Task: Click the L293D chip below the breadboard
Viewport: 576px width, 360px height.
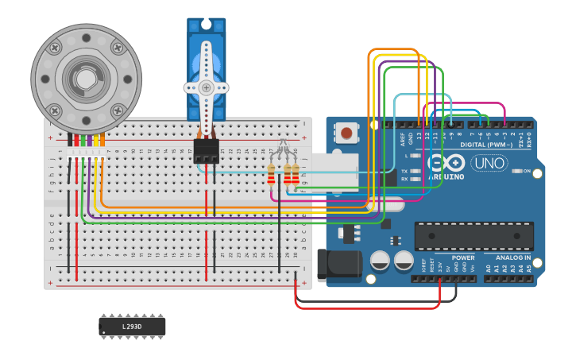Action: coord(132,326)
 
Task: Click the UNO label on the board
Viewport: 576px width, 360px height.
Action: coord(489,164)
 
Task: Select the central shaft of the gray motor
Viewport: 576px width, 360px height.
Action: coord(85,78)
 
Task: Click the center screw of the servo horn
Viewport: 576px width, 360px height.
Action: coord(207,88)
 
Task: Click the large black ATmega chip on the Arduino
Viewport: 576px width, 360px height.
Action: coord(474,236)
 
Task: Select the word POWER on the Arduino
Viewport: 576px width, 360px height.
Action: coord(463,257)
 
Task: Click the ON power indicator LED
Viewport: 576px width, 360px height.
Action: coord(516,171)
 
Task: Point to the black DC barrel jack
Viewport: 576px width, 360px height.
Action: coord(338,265)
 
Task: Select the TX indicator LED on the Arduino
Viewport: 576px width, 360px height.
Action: coord(418,171)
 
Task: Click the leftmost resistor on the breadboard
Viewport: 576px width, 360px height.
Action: coord(272,174)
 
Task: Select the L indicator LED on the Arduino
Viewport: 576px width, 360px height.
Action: coord(418,156)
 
